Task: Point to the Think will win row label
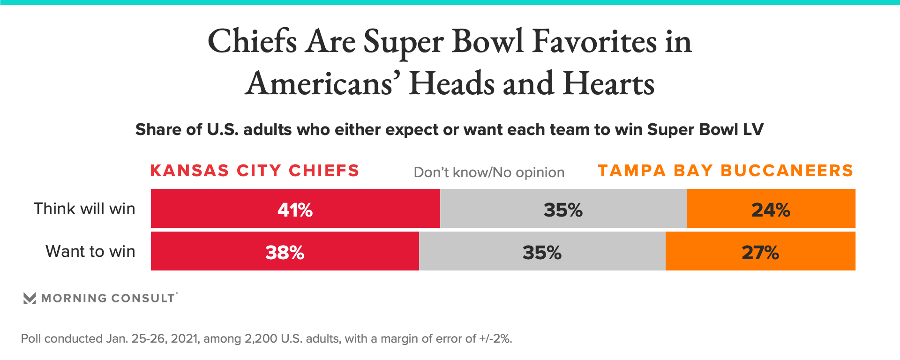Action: (84, 209)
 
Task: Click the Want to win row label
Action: (90, 251)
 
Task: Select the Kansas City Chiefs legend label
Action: (255, 171)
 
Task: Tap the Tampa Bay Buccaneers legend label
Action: (725, 171)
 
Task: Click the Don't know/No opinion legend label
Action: (489, 172)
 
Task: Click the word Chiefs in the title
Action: (252, 41)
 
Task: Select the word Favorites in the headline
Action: (594, 41)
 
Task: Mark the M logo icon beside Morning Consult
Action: (30, 298)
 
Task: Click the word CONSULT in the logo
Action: (143, 298)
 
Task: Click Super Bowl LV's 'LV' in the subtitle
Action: (753, 129)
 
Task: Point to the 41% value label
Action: (295, 210)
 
